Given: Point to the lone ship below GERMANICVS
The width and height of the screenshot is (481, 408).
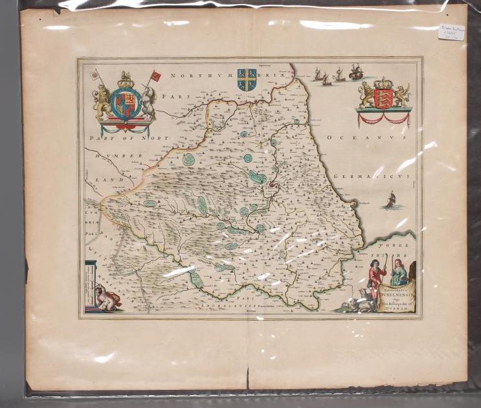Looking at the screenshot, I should click(x=390, y=199).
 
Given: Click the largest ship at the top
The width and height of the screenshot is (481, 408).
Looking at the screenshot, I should click(x=355, y=71).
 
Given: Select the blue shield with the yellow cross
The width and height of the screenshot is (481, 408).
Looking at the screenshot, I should click(x=247, y=79).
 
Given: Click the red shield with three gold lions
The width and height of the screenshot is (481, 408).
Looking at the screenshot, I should click(x=384, y=98).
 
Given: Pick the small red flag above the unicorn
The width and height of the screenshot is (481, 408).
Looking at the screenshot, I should click(x=155, y=76).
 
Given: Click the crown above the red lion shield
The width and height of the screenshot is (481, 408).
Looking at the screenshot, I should click(x=384, y=83).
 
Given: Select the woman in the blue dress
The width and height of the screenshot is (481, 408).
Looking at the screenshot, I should click(x=399, y=275).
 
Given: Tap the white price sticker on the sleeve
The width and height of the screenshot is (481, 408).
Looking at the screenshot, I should click(x=451, y=31).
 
